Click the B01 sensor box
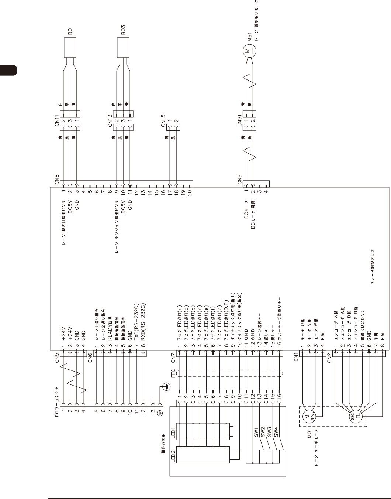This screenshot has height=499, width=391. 70,48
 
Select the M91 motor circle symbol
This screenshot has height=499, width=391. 248,50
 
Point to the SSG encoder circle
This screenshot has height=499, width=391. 354,418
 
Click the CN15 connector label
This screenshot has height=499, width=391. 163,123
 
